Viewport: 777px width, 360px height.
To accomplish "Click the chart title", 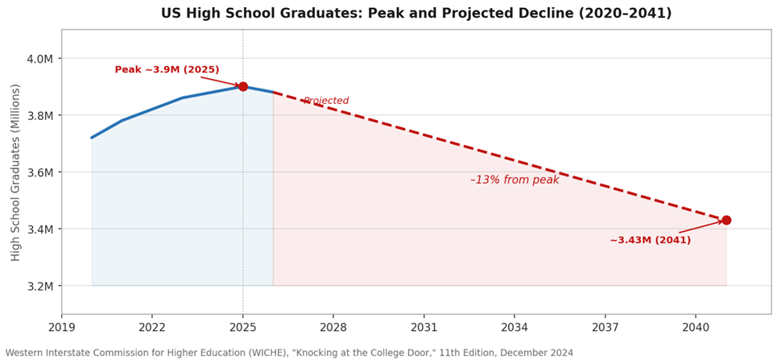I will [427, 14].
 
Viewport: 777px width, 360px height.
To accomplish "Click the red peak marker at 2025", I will [242, 86].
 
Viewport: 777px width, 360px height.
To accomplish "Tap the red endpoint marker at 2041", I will [725, 220].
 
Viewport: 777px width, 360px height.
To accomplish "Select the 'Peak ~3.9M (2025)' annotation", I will [167, 70].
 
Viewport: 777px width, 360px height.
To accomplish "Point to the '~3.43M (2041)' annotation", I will [650, 240].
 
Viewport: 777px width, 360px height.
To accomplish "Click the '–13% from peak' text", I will [515, 180].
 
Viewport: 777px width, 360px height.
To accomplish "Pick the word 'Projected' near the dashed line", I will [326, 101].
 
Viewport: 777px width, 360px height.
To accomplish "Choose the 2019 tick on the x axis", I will [62, 328].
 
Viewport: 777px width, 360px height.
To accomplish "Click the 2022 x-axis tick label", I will [152, 328].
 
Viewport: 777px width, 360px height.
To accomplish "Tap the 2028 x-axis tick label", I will [333, 328].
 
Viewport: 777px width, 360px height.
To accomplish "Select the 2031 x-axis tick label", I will [424, 328].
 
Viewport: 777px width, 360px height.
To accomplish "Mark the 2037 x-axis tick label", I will [605, 328].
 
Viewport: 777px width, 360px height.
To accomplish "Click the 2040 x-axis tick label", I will [696, 328].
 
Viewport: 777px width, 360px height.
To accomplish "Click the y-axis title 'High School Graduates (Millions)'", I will [15, 172].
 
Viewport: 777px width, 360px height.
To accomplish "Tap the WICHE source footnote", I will [290, 353].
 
